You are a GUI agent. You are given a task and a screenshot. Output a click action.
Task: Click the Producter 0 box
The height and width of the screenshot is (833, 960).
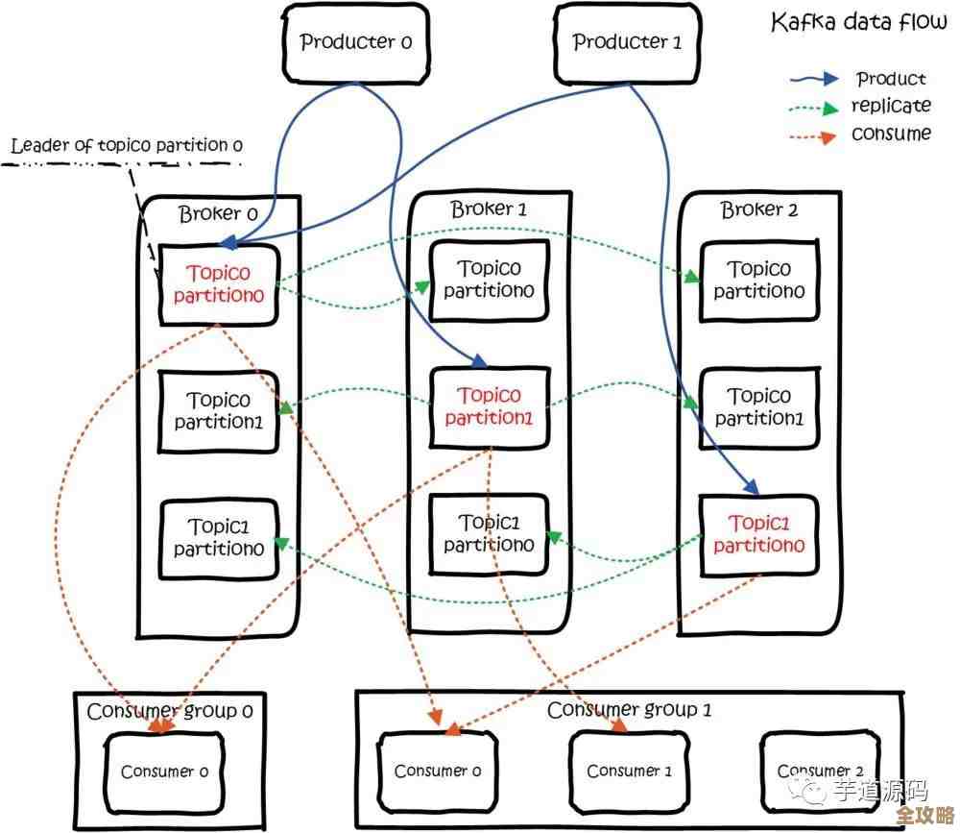(x=355, y=43)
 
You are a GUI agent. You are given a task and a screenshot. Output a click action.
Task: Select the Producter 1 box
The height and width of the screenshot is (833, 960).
(x=628, y=43)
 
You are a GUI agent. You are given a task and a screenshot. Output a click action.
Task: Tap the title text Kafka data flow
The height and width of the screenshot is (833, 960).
(x=858, y=23)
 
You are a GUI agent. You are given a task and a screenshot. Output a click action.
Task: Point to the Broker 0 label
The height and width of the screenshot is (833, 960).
(x=218, y=213)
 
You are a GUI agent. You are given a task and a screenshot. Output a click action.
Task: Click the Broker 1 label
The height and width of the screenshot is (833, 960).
(x=489, y=208)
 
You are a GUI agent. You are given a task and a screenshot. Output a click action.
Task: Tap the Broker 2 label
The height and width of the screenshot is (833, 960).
(x=759, y=209)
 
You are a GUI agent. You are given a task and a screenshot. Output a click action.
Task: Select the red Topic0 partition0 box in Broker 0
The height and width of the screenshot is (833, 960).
(x=219, y=284)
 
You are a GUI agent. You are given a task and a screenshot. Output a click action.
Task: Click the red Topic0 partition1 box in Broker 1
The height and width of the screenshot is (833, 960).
(x=490, y=406)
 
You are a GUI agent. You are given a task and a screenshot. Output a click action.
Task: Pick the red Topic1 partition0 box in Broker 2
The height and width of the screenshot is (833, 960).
(x=759, y=534)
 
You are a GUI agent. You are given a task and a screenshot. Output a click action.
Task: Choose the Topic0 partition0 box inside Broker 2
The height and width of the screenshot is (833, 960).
(x=759, y=281)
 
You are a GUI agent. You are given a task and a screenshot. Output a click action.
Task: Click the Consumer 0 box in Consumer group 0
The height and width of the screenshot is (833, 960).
(x=164, y=772)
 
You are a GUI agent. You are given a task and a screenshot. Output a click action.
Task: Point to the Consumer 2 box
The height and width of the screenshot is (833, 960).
(x=821, y=771)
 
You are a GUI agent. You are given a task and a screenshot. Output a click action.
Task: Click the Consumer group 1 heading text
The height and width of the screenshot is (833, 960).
(x=629, y=711)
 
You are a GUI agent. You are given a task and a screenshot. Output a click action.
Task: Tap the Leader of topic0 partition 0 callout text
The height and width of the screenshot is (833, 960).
(x=127, y=146)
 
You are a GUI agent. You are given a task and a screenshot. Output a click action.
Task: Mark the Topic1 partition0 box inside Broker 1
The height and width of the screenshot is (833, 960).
(x=490, y=534)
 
